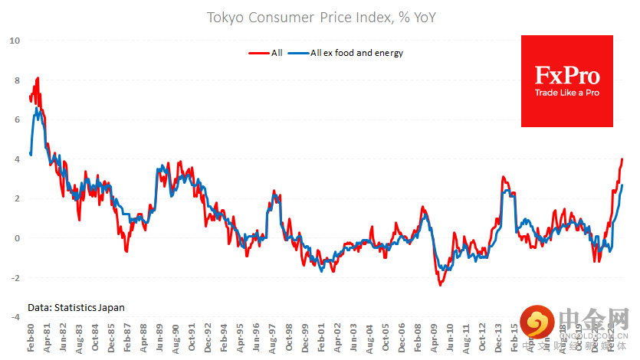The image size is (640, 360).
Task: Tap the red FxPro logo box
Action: click(566, 81)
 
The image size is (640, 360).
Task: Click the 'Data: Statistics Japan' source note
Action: click(76, 307)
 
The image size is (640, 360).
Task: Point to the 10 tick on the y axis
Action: click(15, 41)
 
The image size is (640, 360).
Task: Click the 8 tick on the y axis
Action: click(17, 80)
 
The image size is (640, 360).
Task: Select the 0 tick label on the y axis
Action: click(17, 238)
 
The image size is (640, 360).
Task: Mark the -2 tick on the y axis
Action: click(15, 278)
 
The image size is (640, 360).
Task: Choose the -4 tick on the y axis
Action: click(15, 317)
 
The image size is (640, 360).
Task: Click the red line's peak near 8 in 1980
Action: click(38, 78)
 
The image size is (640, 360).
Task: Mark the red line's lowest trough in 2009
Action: click(440, 285)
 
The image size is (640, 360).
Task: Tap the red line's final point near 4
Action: click(622, 159)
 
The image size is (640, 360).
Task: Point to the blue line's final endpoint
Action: click(622, 185)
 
